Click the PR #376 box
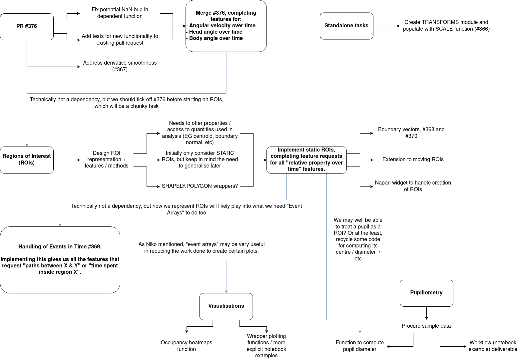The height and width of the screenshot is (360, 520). pyautogui.click(x=27, y=26)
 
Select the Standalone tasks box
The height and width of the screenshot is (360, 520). pyautogui.click(x=346, y=26)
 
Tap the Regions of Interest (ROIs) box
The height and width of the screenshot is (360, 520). pyautogui.click(x=27, y=160)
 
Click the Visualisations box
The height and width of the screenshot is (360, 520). pyautogui.click(x=226, y=306)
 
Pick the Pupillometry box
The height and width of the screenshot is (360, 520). pyautogui.click(x=426, y=293)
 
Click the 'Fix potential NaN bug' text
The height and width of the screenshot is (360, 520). pyautogui.click(x=120, y=13)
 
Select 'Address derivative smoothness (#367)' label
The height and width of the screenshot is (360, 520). pyautogui.click(x=120, y=66)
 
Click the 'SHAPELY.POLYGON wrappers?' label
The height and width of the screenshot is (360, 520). pyautogui.click(x=200, y=186)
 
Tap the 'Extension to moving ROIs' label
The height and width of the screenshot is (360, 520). pyautogui.click(x=413, y=160)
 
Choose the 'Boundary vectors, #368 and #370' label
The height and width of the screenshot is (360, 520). pyautogui.click(x=411, y=133)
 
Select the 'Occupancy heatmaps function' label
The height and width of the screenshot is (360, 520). pyautogui.click(x=186, y=346)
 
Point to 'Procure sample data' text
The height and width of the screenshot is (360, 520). pyautogui.click(x=426, y=326)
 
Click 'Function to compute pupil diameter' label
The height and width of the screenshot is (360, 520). pyautogui.click(x=359, y=346)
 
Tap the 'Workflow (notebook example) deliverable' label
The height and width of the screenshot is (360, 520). pyautogui.click(x=493, y=346)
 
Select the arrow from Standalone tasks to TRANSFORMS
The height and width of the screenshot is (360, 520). pyautogui.click(x=386, y=26)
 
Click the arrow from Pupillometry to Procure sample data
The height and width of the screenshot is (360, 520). pyautogui.click(x=426, y=313)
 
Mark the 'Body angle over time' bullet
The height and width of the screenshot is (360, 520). pyautogui.click(x=216, y=38)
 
